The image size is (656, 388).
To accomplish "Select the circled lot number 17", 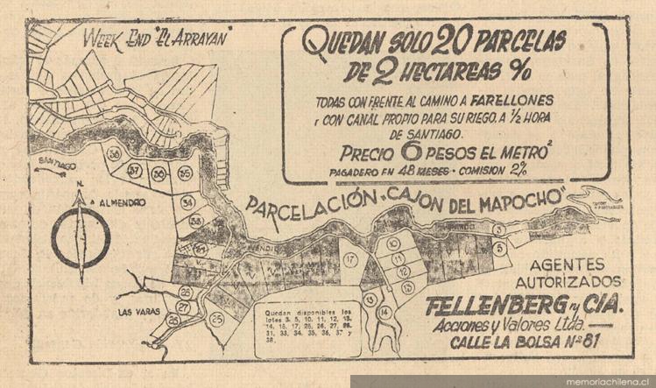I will [350, 260].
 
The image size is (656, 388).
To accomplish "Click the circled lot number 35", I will [184, 174].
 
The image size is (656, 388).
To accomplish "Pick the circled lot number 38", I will [114, 154].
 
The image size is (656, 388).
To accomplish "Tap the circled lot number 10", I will [393, 244].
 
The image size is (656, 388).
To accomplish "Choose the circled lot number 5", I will [500, 248].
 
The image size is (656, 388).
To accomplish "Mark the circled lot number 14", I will [385, 312].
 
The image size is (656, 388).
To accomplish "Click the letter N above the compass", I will [80, 185].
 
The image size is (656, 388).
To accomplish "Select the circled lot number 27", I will [182, 308].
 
